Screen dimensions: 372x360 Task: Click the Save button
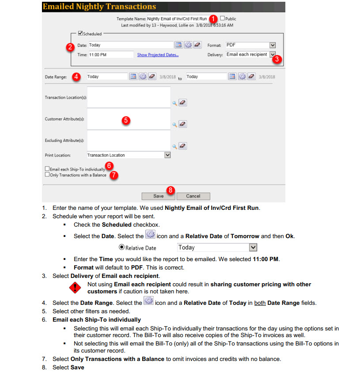[x=158, y=196]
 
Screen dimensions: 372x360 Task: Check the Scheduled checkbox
[x=80, y=33]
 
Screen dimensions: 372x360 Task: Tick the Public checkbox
[x=223, y=19]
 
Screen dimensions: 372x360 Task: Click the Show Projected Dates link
[x=158, y=55]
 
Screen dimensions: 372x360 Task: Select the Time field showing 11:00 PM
[x=110, y=55]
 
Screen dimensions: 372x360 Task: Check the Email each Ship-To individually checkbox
[x=47, y=169]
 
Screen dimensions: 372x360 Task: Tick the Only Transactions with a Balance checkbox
[x=47, y=175]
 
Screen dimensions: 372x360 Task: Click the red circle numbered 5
[x=126, y=120]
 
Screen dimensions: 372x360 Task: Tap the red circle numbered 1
[x=213, y=19]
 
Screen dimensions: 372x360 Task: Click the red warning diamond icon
[x=76, y=288]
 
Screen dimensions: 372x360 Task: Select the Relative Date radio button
[x=122, y=248]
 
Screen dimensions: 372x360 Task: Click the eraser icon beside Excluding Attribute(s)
[x=183, y=146]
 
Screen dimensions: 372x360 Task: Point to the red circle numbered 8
[x=171, y=190]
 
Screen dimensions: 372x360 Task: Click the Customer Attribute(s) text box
[x=129, y=119]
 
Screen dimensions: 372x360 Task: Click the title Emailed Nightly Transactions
[x=99, y=7]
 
